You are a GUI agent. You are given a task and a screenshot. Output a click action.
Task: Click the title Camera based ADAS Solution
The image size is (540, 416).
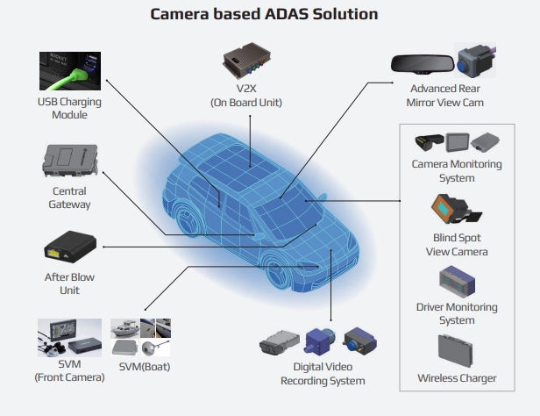click(269, 15)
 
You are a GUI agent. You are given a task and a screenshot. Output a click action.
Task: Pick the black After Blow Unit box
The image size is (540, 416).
click(68, 248)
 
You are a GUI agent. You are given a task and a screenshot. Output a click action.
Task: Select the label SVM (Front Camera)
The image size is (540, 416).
click(69, 370)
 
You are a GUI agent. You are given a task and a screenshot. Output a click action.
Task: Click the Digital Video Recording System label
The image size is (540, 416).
click(323, 374)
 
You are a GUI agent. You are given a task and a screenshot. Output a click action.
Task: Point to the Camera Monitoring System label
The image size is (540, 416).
click(456, 171)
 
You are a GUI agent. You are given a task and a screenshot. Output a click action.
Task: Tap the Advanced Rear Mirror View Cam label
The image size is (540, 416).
click(446, 96)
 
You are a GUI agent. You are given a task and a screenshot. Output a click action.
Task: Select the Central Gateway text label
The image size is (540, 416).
click(69, 198)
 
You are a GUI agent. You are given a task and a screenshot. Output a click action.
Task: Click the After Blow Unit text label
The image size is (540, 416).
click(68, 283)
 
